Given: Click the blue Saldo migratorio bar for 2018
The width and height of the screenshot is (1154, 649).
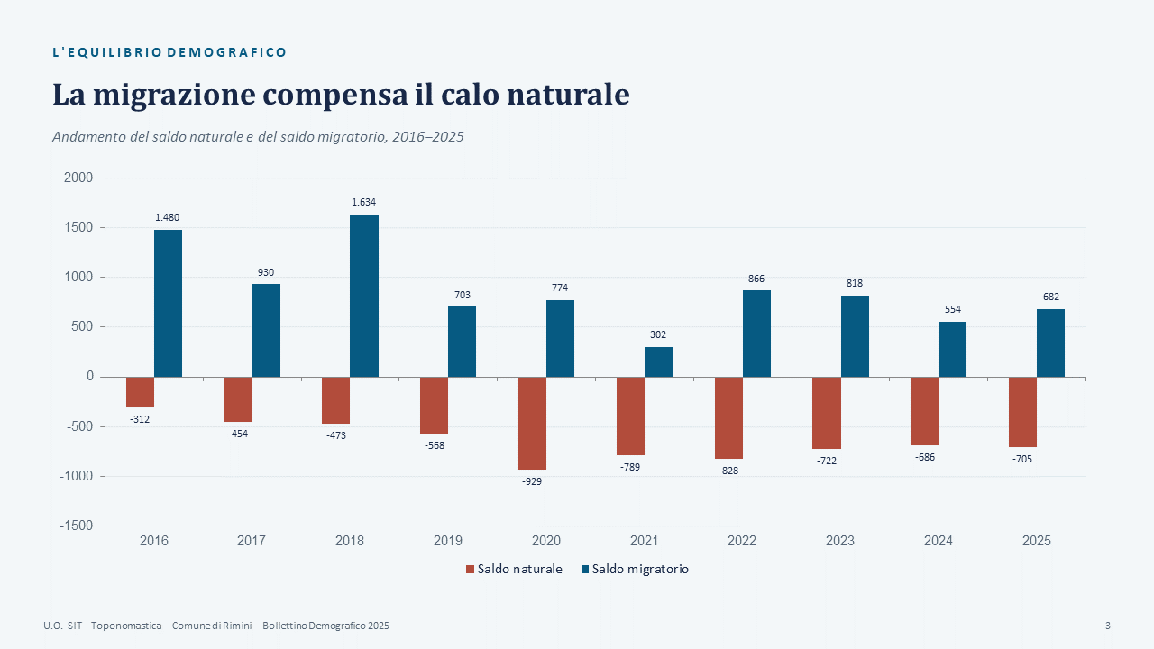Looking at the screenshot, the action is point(364,296).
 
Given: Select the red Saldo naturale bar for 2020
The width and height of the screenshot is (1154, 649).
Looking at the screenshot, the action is point(532,424).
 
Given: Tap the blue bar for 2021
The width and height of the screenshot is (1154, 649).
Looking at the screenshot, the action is point(658,362).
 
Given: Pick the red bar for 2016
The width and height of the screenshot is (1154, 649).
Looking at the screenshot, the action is point(140,392).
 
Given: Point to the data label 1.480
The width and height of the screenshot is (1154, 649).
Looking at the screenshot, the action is point(168,217).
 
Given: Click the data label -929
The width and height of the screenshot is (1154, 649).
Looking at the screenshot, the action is point(532,481).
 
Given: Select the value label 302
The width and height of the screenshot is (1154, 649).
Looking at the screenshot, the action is point(658,334).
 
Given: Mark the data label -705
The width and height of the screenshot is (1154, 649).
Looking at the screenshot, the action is point(1022,459).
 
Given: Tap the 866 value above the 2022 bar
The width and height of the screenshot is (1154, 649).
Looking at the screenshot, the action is point(756,279).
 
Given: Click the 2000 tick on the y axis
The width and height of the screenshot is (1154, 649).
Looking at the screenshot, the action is point(78,178).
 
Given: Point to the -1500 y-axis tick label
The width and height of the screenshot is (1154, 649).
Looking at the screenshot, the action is point(77,526).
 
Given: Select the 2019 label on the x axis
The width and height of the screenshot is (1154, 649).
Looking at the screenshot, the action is point(448,541).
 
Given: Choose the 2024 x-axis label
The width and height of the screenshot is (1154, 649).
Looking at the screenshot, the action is point(939,541).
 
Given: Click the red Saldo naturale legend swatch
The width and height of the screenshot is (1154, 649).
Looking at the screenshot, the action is point(470,569).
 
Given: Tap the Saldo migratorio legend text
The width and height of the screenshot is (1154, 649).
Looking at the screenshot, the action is point(640,569).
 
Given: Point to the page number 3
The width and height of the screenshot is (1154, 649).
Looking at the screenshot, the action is point(1108,626).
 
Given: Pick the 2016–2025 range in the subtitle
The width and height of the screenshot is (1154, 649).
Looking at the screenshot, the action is point(427,136).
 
